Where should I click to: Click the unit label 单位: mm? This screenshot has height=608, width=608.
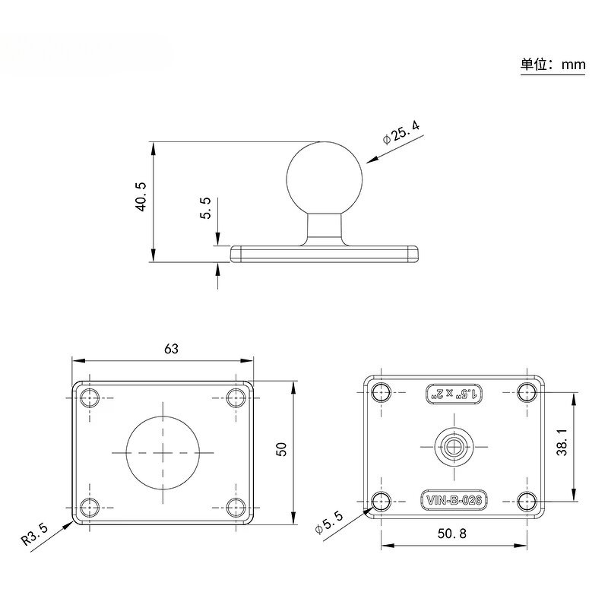(553, 65)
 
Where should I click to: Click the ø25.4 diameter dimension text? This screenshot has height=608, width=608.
(401, 132)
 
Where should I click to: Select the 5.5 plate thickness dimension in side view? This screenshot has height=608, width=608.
(205, 209)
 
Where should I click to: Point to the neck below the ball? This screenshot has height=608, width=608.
(325, 228)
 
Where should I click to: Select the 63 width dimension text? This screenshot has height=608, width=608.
(171, 349)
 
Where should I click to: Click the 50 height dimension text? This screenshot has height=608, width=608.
(281, 448)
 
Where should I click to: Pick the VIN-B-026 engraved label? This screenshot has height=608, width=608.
(454, 500)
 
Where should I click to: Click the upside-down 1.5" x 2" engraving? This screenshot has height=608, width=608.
(454, 393)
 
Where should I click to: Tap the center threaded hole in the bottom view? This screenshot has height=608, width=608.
(454, 446)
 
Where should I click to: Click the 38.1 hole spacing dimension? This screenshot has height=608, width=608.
(562, 443)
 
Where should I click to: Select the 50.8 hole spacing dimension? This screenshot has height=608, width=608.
(454, 534)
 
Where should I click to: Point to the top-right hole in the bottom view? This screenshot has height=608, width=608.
(527, 392)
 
